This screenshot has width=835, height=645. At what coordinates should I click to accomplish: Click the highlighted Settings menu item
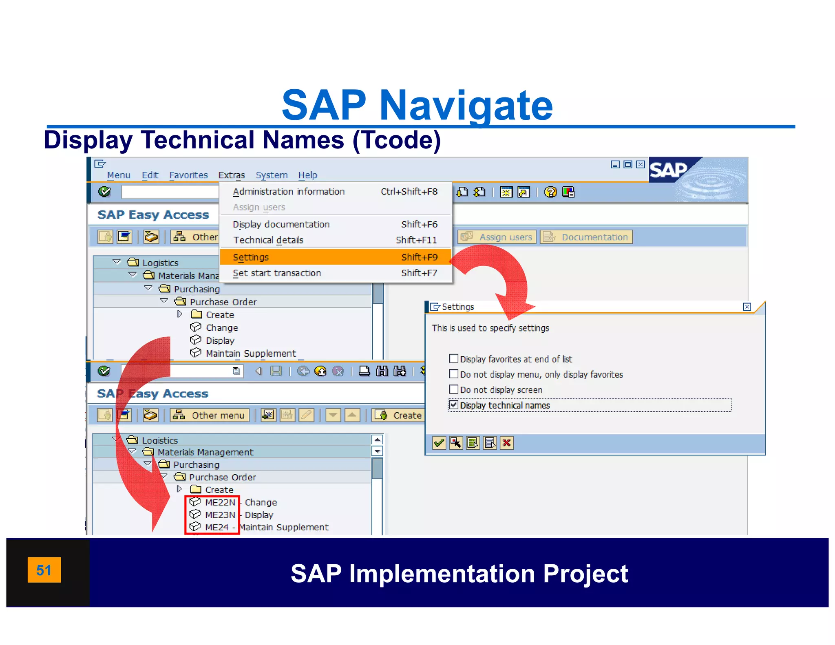tap(251, 257)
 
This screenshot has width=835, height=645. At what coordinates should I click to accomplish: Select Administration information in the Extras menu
tap(289, 192)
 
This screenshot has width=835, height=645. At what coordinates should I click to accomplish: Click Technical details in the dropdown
tap(268, 240)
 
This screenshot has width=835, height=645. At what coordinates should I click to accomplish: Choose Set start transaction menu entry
tap(277, 273)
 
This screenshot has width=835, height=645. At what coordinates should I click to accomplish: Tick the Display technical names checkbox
tap(453, 405)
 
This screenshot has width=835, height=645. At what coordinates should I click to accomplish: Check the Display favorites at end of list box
tap(453, 359)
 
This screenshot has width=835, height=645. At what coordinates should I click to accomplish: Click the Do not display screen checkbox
tap(453, 389)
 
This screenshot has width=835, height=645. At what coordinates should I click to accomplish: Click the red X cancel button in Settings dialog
tap(506, 443)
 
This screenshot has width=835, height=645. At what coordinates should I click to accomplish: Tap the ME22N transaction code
tap(220, 502)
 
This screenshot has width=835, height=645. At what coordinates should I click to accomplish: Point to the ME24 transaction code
tap(217, 527)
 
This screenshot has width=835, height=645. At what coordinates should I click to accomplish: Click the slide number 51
tap(44, 570)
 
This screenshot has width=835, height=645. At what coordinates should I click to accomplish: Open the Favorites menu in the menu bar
tap(188, 175)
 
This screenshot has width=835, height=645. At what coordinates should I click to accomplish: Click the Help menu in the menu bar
tap(307, 175)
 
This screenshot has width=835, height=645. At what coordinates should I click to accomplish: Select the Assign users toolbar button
tap(497, 237)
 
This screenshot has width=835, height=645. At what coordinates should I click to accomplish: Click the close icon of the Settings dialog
tap(747, 307)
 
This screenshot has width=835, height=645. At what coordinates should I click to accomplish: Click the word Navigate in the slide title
tap(466, 105)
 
